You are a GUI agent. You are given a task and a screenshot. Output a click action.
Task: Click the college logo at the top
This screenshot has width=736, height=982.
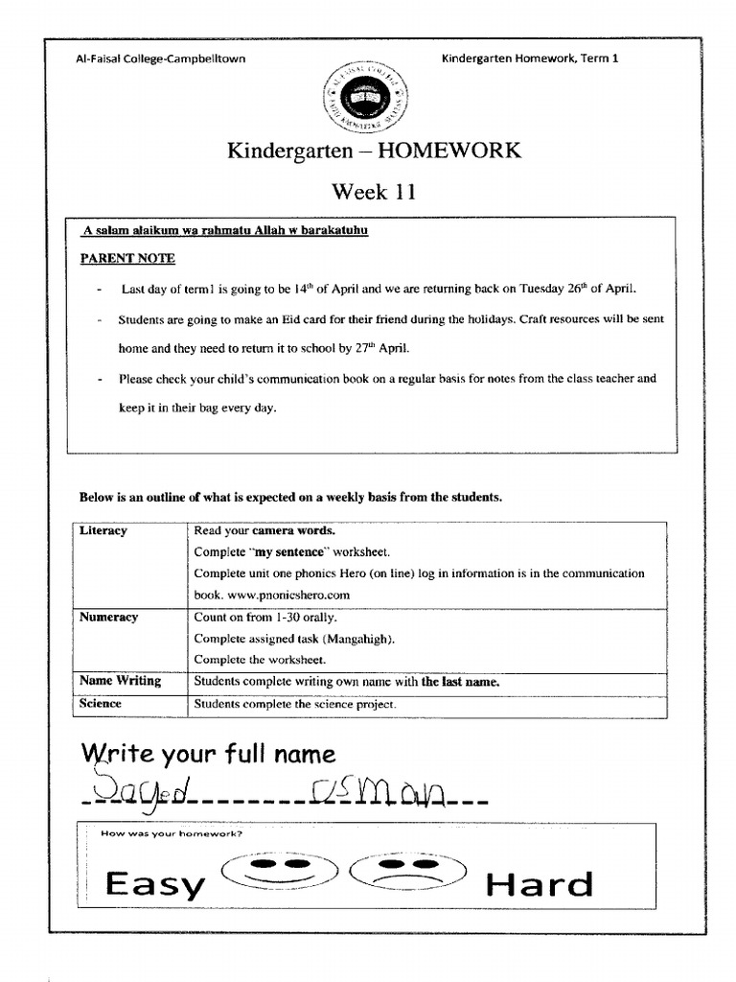point(366,96)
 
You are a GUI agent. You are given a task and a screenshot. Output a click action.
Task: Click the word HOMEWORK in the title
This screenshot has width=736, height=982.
point(446,151)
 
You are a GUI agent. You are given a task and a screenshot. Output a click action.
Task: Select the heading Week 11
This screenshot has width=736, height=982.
point(374,192)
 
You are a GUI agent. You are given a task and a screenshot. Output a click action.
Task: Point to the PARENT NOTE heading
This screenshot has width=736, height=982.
point(127,259)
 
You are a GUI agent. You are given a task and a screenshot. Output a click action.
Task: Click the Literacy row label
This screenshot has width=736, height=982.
point(103,530)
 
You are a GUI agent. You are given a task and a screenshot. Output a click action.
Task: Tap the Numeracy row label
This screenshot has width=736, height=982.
point(109,618)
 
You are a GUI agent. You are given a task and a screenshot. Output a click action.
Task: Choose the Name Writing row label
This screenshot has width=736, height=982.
point(120,681)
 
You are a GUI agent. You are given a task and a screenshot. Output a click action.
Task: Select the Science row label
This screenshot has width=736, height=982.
point(101,704)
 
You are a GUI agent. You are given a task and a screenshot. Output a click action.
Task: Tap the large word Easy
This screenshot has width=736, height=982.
point(155,884)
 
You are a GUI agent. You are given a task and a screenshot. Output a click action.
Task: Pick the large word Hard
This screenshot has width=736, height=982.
point(540,884)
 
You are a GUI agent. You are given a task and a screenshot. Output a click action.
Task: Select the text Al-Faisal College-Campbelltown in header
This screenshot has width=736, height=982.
point(160,58)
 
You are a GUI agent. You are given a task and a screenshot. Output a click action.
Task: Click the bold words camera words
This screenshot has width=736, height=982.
point(294,530)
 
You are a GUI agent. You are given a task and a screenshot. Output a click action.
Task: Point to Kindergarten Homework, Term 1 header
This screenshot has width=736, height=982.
point(530,58)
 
